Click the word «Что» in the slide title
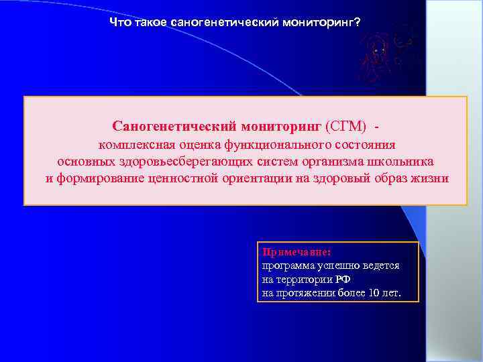(119, 23)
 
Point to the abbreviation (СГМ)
(345, 126)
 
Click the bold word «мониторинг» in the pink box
(278, 126)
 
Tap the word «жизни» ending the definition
(432, 179)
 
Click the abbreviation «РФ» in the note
(343, 280)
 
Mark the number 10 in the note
(375, 294)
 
